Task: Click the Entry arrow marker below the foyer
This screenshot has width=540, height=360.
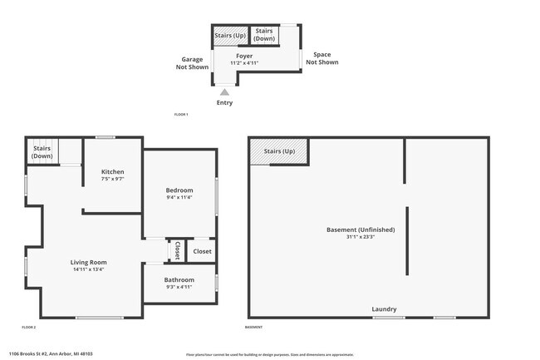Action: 224,92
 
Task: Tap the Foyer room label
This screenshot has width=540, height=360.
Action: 244,57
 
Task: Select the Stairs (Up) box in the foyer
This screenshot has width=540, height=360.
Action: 229,36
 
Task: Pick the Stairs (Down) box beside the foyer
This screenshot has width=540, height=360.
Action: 265,35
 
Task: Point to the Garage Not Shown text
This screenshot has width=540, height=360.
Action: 196,64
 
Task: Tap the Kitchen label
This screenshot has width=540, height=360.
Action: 112,172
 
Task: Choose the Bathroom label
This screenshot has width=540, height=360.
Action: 179,279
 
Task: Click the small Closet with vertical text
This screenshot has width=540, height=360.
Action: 177,250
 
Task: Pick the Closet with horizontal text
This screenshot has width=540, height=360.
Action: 202,251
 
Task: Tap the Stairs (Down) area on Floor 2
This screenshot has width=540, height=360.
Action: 42,152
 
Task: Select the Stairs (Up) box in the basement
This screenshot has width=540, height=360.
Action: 279,151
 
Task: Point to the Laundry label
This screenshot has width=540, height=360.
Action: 384,309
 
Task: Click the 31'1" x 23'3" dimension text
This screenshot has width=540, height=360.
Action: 361,237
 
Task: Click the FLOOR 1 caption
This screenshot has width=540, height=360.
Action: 181,114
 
